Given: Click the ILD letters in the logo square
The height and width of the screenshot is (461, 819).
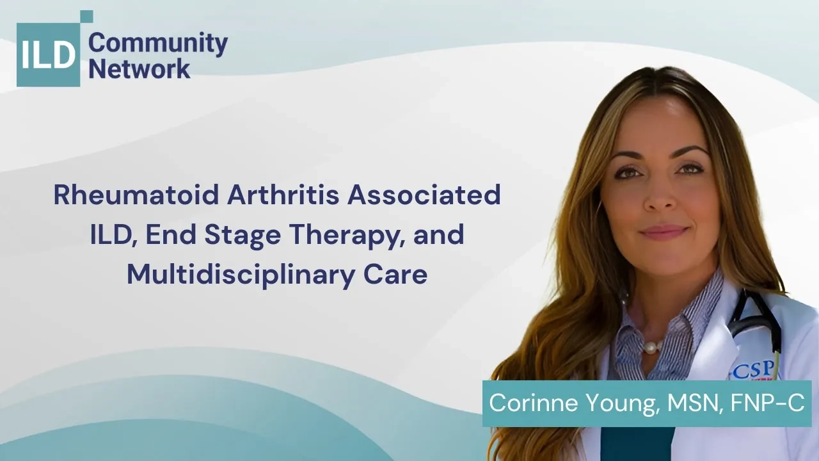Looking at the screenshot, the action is click(x=48, y=55).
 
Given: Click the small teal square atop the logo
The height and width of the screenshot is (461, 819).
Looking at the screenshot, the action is click(x=86, y=17).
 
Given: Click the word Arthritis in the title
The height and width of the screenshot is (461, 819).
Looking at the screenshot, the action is click(x=283, y=195).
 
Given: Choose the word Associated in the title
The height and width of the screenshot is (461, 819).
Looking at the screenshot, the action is click(x=424, y=195).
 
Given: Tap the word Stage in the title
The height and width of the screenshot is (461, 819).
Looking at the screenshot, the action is click(x=243, y=235).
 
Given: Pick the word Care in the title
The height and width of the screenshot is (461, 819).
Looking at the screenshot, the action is click(x=395, y=275).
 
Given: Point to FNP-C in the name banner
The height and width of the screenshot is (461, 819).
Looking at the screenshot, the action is click(x=767, y=403).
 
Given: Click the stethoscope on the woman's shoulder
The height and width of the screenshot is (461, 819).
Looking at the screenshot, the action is click(x=753, y=322).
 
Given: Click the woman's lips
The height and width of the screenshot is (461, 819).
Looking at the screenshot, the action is click(x=664, y=232).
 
